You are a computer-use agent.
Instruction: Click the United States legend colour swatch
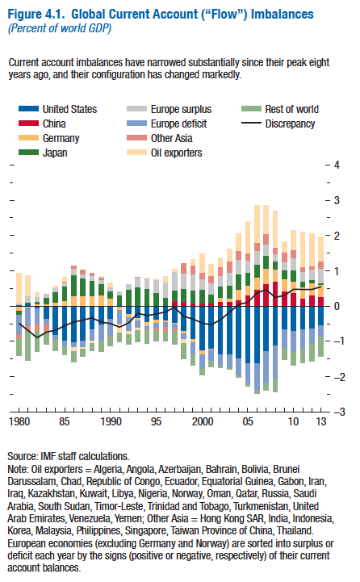pyautogui.click(x=28, y=109)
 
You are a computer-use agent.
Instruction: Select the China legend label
pyautogui.click(x=54, y=124)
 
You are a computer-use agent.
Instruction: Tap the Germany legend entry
pyautogui.click(x=49, y=138)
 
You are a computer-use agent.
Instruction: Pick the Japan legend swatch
pyautogui.click(x=28, y=153)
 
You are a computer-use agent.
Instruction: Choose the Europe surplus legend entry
pyautogui.click(x=169, y=109)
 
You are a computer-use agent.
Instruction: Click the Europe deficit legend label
pyautogui.click(x=178, y=124)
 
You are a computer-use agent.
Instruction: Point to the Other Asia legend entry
pyautogui.click(x=160, y=138)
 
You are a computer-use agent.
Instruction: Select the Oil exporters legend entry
pyautogui.click(x=165, y=153)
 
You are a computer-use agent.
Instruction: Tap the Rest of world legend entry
pyautogui.click(x=280, y=109)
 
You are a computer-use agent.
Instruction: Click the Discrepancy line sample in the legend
pyautogui.click(x=251, y=124)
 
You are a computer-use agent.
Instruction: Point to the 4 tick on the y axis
pyautogui.click(x=337, y=165)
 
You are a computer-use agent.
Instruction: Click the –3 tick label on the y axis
pyautogui.click(x=339, y=412)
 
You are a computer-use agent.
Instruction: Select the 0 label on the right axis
pyautogui.click(x=337, y=306)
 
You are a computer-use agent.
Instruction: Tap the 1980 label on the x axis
pyautogui.click(x=19, y=421)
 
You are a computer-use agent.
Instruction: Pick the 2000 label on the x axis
pyautogui.click(x=203, y=421)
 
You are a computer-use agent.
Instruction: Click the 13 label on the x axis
pyautogui.click(x=321, y=421)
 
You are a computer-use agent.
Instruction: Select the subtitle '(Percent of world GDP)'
pyautogui.click(x=60, y=28)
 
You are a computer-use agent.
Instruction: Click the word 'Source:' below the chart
pyautogui.click(x=23, y=456)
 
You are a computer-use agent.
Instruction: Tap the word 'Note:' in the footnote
pyautogui.click(x=18, y=469)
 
